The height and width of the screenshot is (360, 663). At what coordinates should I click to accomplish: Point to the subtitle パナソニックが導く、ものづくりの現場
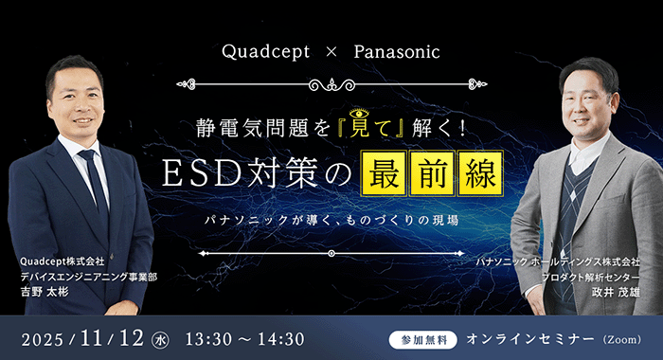[x=331, y=220]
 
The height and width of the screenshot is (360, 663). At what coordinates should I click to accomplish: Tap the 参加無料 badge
[x=423, y=339]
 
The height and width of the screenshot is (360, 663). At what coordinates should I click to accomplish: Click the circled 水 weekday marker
[x=162, y=338]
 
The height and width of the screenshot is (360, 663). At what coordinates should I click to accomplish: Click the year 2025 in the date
[x=44, y=338]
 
